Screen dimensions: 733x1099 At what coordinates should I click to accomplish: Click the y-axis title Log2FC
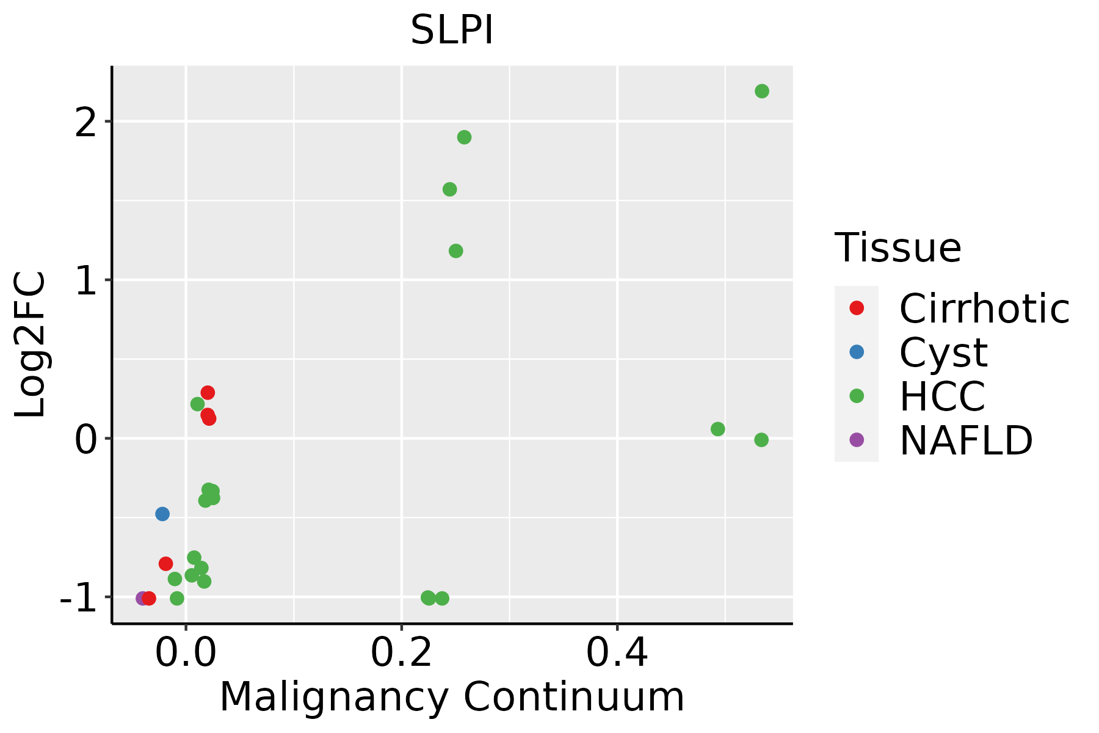pyautogui.click(x=31, y=345)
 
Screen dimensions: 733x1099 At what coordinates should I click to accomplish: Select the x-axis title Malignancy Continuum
pyautogui.click(x=452, y=697)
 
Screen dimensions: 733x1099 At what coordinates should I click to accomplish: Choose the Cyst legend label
pyautogui.click(x=943, y=352)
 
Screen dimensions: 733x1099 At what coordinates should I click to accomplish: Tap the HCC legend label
pyautogui.click(x=942, y=396)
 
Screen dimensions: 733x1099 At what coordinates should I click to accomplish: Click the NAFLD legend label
pyautogui.click(x=966, y=440)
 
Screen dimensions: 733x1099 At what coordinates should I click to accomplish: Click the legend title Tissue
pyautogui.click(x=898, y=248)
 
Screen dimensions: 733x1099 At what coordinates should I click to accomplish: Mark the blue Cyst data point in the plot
pyautogui.click(x=162, y=514)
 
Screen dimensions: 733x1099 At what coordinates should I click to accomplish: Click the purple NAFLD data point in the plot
pyautogui.click(x=142, y=599)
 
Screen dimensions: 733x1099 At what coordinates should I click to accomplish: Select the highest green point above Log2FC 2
pyautogui.click(x=762, y=91)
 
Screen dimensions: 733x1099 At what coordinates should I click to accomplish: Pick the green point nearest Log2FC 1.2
pyautogui.click(x=456, y=251)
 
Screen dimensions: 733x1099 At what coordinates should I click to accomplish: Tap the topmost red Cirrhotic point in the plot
pyautogui.click(x=208, y=392)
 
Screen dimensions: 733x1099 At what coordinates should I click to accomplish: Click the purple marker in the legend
pyautogui.click(x=857, y=440)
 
